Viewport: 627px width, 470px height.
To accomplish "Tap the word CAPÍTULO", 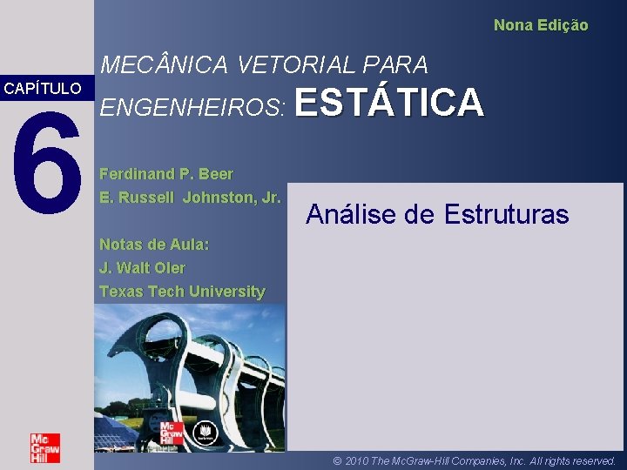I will (x=43, y=89).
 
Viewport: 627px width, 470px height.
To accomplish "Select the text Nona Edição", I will (x=541, y=25).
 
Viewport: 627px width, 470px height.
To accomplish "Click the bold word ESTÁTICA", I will (x=389, y=103).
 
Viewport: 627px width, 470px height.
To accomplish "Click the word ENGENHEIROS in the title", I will (x=192, y=106).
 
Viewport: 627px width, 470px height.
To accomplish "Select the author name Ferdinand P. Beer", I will (x=166, y=174).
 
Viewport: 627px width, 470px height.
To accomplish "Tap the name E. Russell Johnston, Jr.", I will (x=190, y=197).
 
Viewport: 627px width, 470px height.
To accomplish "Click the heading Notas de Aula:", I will (x=154, y=245).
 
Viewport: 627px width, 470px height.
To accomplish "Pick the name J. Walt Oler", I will (x=142, y=268).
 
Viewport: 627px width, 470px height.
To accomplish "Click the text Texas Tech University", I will (x=182, y=292).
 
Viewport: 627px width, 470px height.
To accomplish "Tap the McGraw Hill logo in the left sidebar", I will (x=45, y=448).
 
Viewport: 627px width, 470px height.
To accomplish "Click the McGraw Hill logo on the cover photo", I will (x=172, y=433).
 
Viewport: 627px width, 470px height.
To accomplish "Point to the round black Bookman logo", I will (x=206, y=431).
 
